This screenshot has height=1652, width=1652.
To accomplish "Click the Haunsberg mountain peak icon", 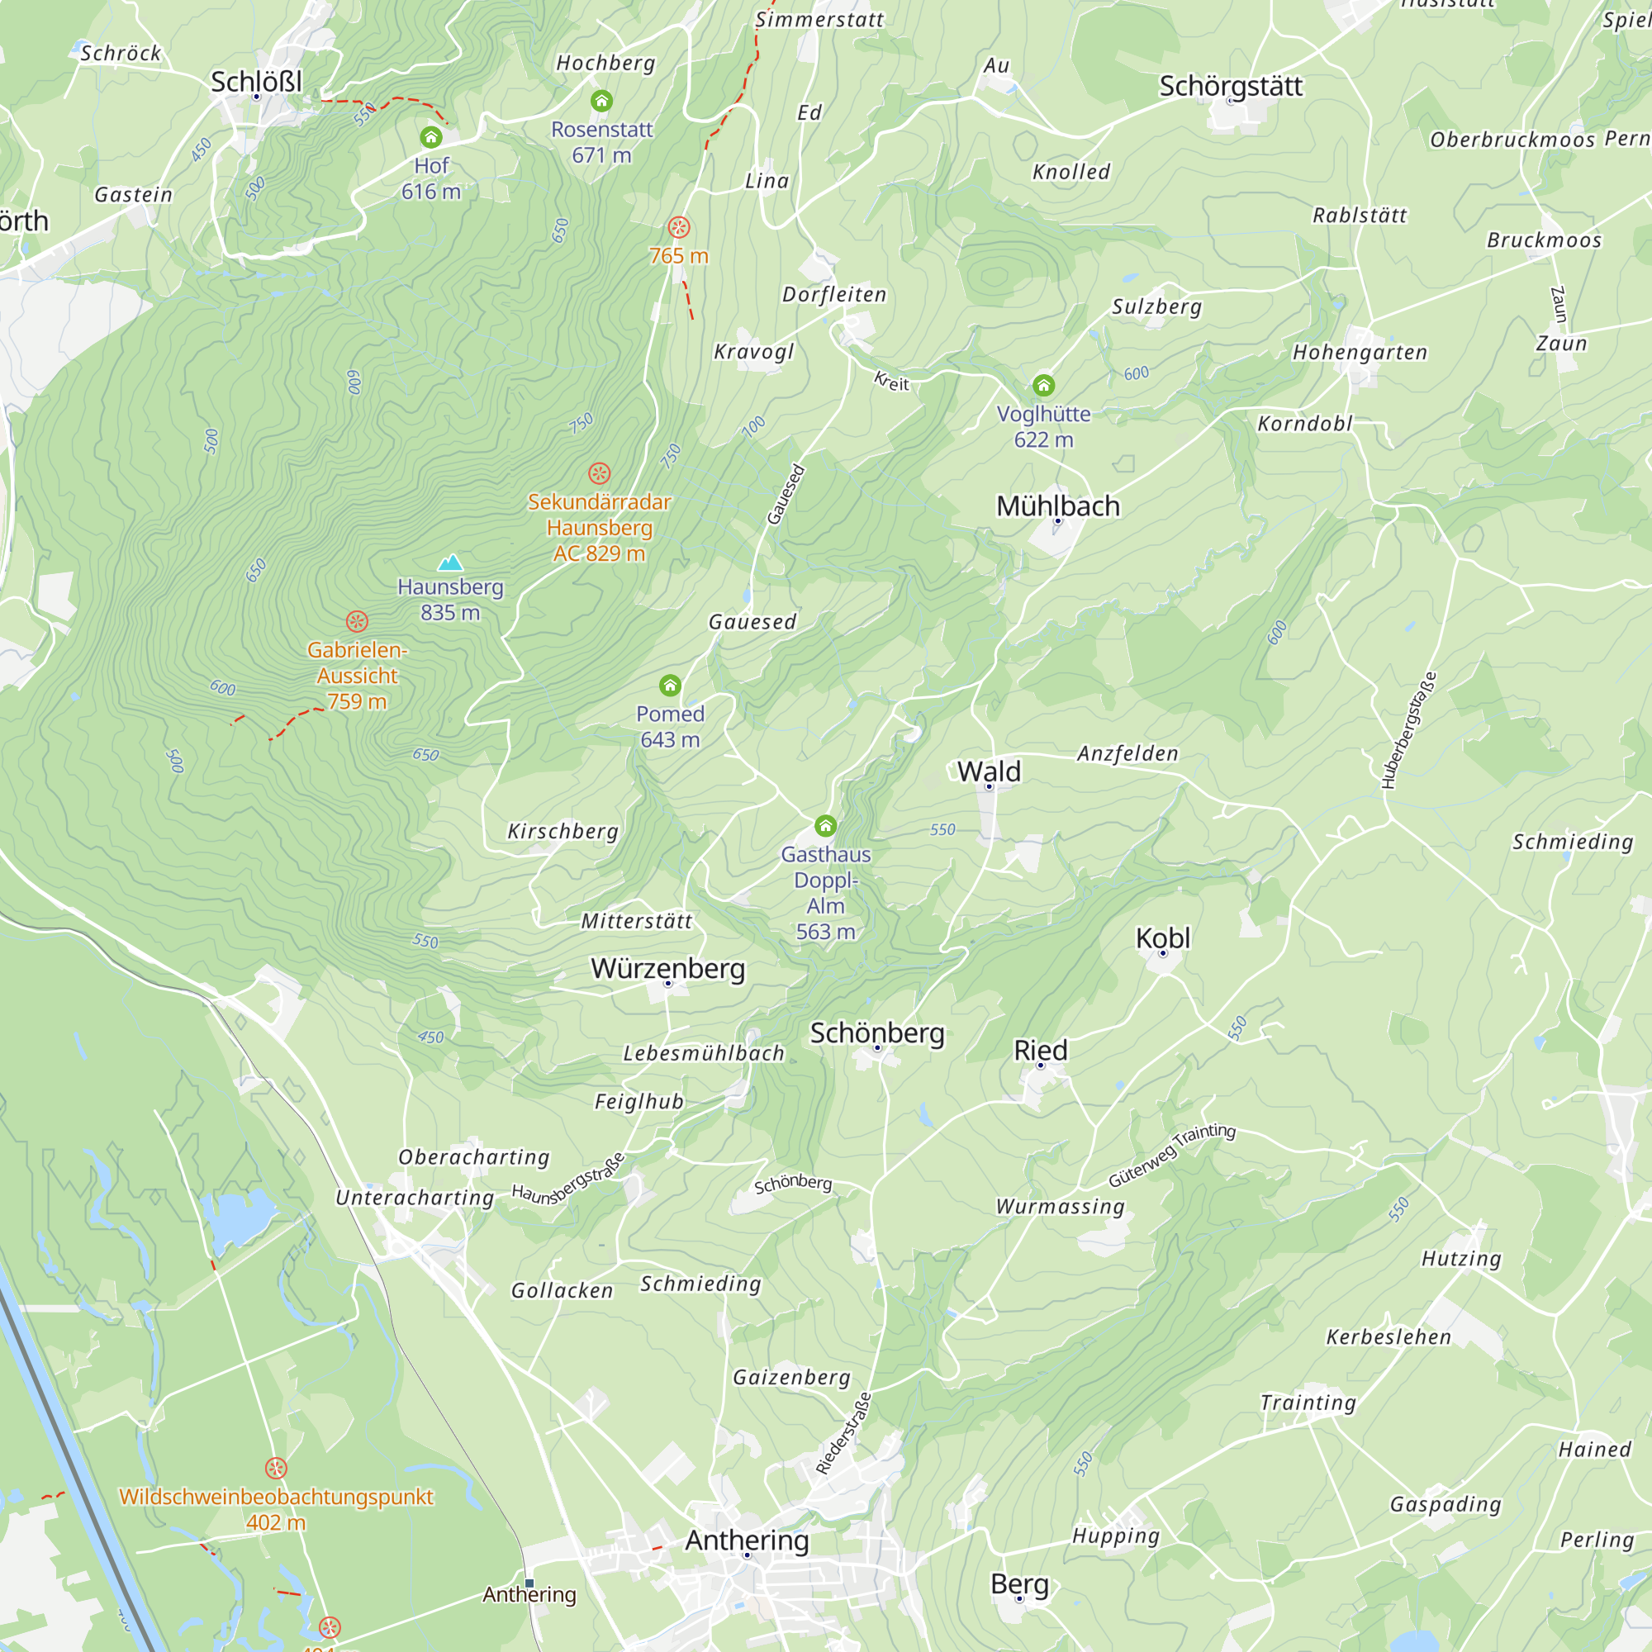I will tap(450, 563).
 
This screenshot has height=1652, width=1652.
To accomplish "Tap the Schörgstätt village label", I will tap(1231, 87).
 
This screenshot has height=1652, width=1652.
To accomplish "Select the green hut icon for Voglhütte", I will tap(1043, 386).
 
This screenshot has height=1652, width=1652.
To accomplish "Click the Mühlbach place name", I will tap(1058, 506).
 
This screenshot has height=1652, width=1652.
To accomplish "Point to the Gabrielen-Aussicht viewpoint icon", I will tap(358, 622).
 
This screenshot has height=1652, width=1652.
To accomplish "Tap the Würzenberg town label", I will tap(667, 969).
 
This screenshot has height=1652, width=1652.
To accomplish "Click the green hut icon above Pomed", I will tap(671, 686).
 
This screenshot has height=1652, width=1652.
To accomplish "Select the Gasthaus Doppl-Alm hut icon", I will tap(825, 826).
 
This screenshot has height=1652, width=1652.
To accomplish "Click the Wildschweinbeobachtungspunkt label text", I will tap(276, 1497).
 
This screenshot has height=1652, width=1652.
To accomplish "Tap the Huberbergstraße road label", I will tap(1408, 731).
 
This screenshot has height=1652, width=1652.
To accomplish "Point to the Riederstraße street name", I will tap(843, 1434).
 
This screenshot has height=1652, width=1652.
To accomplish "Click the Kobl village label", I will tap(1163, 938).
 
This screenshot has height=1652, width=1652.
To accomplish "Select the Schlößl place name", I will tap(257, 82).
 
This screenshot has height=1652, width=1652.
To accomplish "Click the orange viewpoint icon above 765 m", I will tap(679, 227).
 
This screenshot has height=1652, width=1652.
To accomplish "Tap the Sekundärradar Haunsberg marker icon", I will tap(600, 473).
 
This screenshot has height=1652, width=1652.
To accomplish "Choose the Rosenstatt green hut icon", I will tap(602, 102).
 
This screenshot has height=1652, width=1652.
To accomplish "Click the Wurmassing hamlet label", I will tap(1061, 1207).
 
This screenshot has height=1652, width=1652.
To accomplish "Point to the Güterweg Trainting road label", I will tap(1171, 1156).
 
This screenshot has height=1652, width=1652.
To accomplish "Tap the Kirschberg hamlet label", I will tap(563, 831).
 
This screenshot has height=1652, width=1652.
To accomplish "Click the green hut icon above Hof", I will tap(431, 138).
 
